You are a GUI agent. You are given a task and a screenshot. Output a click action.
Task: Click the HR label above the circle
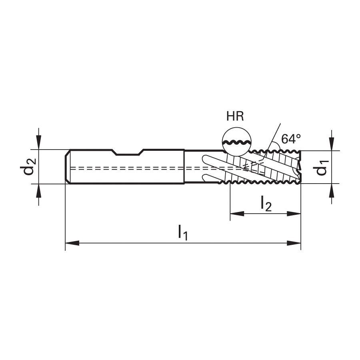click(235, 116)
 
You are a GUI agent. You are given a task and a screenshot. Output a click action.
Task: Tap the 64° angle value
click(291, 139)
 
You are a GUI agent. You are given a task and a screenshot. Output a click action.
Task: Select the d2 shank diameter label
click(28, 166)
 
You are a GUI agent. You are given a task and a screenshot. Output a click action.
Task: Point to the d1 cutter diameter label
click(321, 168)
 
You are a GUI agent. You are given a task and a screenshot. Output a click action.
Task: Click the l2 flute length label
click(266, 203)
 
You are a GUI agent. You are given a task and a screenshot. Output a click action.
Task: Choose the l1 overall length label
click(183, 232)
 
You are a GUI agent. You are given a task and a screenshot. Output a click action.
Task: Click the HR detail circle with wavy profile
click(237, 142)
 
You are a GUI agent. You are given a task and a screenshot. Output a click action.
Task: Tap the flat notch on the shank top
click(128, 154)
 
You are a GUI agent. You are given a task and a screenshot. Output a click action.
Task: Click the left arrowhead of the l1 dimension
click(72, 243)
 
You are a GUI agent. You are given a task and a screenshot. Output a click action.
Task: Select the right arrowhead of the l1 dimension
click(294, 243)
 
